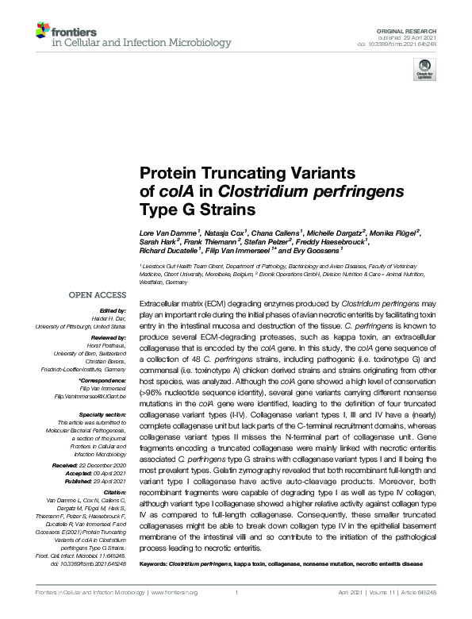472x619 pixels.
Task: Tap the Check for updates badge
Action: click(424, 71)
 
